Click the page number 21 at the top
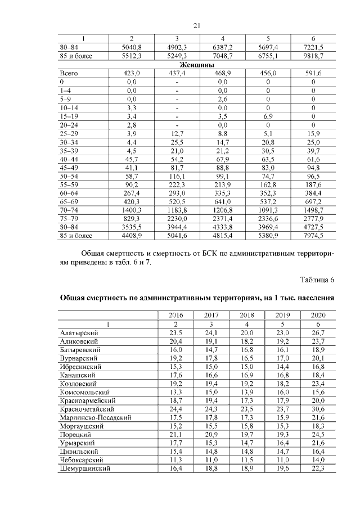pyautogui.click(x=197, y=25)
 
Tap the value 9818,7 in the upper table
pyautogui.click(x=313, y=57)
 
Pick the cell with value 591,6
pyautogui.click(x=313, y=74)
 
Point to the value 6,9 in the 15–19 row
pyautogui.click(x=268, y=116)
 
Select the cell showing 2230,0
pyautogui.click(x=177, y=219)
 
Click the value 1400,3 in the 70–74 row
pyautogui.click(x=131, y=210)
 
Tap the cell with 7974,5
pyautogui.click(x=313, y=236)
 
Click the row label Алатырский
pyautogui.click(x=79, y=333)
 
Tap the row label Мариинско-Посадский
pyautogui.click(x=95, y=417)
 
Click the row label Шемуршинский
pyautogui.click(x=84, y=468)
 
